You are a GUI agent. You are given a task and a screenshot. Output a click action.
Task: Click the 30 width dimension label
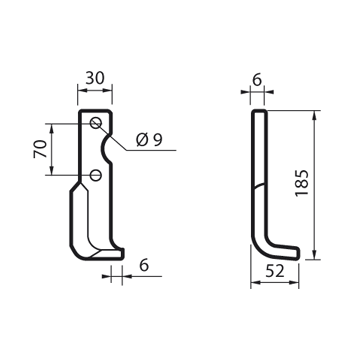click(x=95, y=78)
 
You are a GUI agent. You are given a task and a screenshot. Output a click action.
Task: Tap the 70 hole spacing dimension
click(x=40, y=149)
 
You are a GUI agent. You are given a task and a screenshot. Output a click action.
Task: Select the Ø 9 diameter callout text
click(x=149, y=140)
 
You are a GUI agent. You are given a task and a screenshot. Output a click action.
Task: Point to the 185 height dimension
click(x=302, y=183)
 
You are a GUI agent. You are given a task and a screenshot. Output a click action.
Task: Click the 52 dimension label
click(x=275, y=272)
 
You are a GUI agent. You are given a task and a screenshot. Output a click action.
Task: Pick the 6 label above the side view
click(x=257, y=80)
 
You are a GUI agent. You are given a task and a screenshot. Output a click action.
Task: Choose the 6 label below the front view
click(x=144, y=266)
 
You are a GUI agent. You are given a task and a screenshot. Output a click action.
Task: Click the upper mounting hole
click(x=96, y=123)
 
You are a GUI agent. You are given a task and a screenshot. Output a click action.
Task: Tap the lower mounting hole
click(x=96, y=175)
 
